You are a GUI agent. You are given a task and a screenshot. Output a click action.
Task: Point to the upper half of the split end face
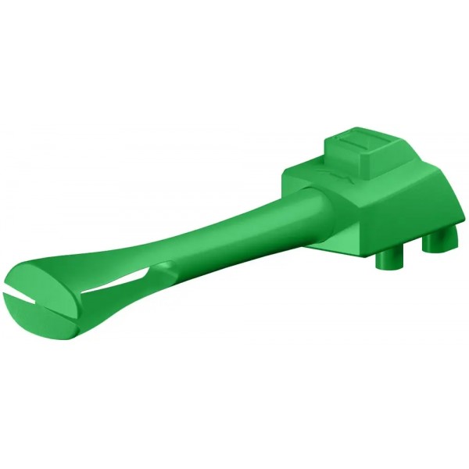tap(43, 277)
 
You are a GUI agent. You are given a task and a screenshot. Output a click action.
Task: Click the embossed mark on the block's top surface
tap(344, 175)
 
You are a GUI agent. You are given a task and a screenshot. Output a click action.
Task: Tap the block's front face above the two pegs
tap(391, 219)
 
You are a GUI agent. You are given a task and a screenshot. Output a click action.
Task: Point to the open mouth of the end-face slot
tap(9, 292)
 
